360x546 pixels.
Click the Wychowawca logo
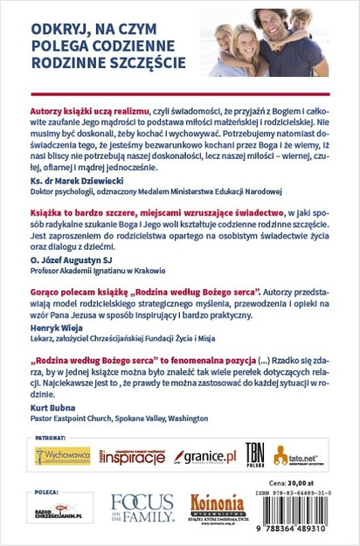coord(63,456)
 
